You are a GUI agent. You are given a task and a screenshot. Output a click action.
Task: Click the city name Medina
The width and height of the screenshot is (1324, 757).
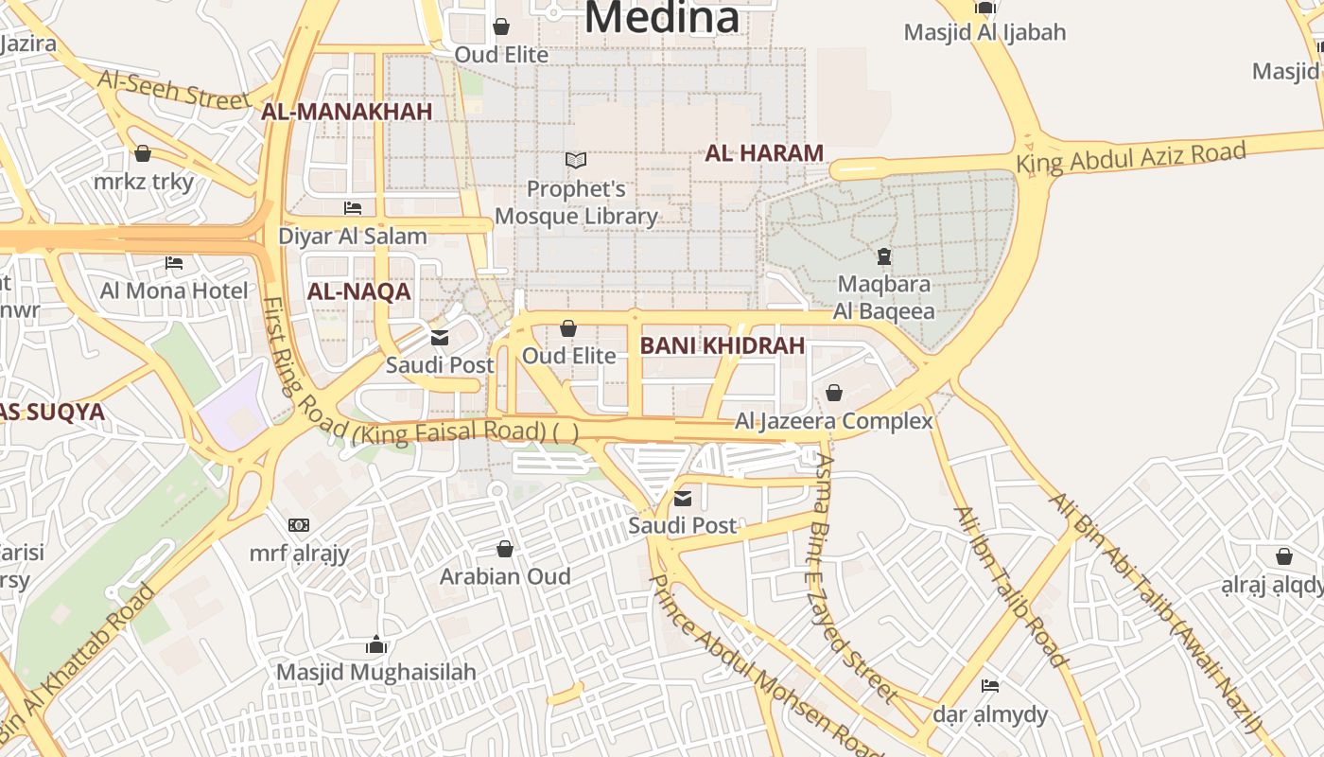coord(661,17)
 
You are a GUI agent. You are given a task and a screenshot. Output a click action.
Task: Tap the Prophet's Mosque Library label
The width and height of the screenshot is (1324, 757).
coord(576,202)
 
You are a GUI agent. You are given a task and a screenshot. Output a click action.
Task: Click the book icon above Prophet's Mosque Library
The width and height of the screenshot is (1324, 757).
coord(576,161)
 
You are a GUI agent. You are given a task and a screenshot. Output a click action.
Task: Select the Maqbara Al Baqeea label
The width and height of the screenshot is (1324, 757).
coord(883,297)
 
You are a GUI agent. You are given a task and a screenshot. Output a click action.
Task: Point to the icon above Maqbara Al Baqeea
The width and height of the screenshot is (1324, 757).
coord(883,255)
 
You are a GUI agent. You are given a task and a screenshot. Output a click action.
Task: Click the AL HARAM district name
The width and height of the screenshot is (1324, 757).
coord(764,152)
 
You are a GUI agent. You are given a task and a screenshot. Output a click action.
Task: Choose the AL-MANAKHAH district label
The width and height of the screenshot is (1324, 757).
coord(346,112)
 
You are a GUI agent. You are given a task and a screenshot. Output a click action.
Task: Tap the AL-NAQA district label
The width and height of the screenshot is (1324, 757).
coord(358,291)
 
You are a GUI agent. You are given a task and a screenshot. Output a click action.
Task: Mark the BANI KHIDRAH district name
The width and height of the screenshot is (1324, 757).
coord(722,345)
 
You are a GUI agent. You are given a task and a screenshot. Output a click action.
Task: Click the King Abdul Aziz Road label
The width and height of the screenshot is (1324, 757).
coord(1130,157)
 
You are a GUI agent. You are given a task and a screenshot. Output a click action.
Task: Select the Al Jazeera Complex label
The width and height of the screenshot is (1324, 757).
coord(834,421)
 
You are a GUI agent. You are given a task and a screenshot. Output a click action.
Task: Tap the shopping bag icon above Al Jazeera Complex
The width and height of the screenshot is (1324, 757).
coord(834,392)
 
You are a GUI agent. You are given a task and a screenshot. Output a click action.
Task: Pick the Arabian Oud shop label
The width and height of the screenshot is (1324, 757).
coord(505,576)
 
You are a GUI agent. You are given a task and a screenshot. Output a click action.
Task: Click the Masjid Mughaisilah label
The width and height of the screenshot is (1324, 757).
coord(376,672)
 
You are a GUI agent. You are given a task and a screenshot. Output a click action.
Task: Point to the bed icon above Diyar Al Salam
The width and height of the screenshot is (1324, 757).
coord(353,207)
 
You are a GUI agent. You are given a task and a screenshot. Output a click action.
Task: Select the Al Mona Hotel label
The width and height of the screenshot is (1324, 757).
coord(174,290)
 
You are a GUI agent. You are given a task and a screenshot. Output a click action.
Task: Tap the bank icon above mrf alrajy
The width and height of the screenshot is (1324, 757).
coord(299,524)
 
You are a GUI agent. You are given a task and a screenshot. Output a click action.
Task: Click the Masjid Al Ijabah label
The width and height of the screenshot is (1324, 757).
coord(984,32)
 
